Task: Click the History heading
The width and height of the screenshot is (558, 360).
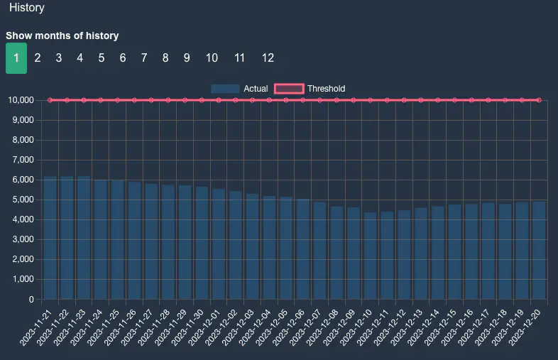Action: (x=27, y=9)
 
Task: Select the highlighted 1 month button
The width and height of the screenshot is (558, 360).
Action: (x=16, y=58)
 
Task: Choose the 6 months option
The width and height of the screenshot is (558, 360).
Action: (x=123, y=58)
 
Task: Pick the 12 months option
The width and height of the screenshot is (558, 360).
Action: (x=268, y=58)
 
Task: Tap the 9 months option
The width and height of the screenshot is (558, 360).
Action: (x=187, y=58)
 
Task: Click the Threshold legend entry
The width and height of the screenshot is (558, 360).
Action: (x=310, y=89)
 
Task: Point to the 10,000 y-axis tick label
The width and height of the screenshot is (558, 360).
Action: (x=21, y=100)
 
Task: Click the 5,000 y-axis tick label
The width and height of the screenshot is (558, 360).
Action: (x=23, y=200)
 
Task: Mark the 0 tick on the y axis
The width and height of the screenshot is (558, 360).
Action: (x=31, y=299)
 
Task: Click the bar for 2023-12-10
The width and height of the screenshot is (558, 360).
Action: (x=371, y=256)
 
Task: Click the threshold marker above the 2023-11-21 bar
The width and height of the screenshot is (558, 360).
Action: (x=50, y=100)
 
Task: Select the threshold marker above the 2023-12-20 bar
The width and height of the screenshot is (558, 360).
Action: (x=539, y=100)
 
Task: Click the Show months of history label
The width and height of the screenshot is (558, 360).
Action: (x=62, y=36)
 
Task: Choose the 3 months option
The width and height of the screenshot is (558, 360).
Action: (x=59, y=58)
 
